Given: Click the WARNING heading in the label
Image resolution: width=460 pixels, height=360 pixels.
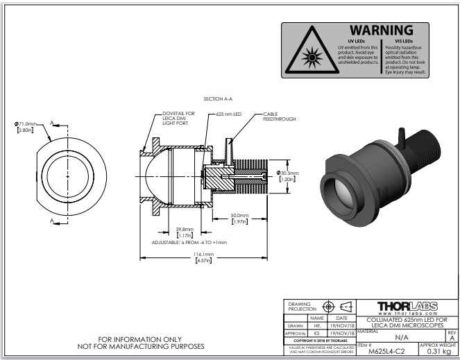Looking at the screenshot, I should point(381,31).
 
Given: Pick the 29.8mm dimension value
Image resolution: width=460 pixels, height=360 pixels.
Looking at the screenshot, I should point(184,230).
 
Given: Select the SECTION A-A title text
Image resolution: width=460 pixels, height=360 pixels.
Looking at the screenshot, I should point(217,99).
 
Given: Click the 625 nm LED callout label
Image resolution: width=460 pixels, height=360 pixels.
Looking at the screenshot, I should point(228,114).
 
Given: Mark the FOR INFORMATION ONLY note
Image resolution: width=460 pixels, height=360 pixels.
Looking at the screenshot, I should point(141,339).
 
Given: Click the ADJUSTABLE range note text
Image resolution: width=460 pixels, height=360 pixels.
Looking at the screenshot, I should point(189,243).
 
